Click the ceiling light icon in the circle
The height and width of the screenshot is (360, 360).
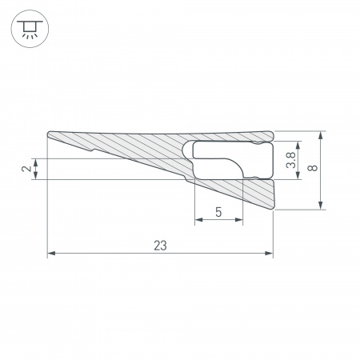[28, 30]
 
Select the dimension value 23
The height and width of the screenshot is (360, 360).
[160, 246]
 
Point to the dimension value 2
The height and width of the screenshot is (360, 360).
[26, 169]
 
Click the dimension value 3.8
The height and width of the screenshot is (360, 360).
[291, 161]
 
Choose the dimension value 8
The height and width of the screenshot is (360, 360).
[313, 170]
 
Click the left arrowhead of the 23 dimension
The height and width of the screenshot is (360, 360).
[51, 254]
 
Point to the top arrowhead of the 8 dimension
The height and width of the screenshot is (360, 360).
[320, 134]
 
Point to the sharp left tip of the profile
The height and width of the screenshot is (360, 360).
[49, 134]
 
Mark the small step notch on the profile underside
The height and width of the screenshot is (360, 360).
[96, 148]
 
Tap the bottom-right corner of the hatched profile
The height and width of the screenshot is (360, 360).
[272, 210]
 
